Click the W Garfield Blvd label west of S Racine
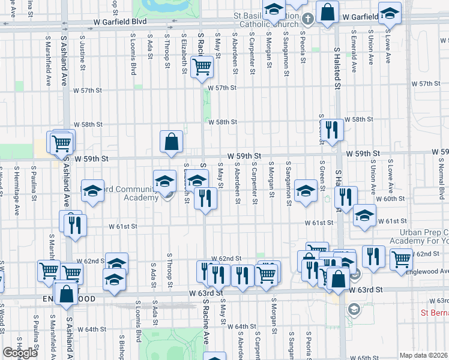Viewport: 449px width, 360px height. coord(120,21)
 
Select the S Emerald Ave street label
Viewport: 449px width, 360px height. coord(355,57)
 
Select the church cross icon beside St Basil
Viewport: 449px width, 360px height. coord(307,19)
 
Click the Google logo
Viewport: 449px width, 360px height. coord(20,353)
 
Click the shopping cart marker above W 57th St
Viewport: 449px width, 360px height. coord(202,67)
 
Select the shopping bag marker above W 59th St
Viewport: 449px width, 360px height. coord(172,142)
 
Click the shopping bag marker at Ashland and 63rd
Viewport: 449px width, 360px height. coord(66,295)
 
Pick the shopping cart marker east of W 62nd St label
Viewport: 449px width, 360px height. coord(400,259)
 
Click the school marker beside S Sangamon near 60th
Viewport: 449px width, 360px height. coord(306,191)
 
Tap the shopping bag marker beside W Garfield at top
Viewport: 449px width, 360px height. coord(328,13)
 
